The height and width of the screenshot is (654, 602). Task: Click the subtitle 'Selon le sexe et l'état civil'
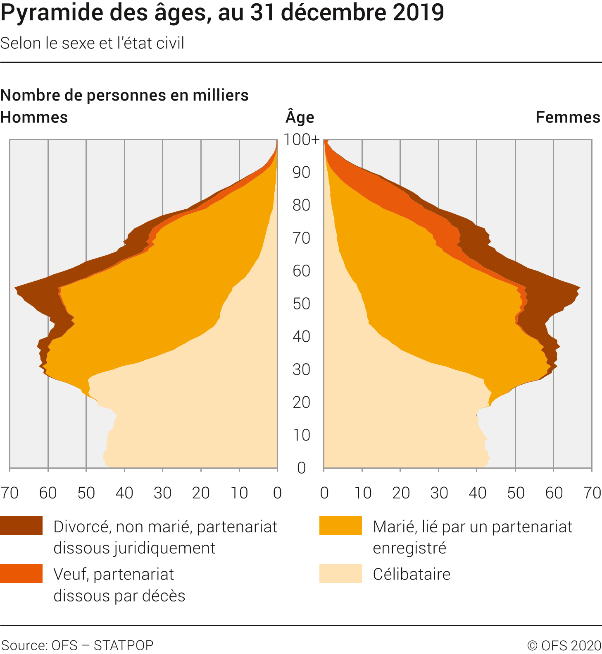click(92, 43)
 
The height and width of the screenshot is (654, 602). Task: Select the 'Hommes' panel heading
click(34, 117)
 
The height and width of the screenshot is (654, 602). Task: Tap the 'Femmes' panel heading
click(568, 117)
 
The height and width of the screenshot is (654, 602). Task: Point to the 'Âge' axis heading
click(300, 117)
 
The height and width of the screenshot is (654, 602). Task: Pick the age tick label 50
click(302, 304)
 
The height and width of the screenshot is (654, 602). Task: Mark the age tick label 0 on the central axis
click(302, 468)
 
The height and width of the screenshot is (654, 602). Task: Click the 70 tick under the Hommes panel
click(10, 493)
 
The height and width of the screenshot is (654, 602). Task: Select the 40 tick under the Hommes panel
click(124, 493)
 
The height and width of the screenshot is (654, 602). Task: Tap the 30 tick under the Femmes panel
click(439, 493)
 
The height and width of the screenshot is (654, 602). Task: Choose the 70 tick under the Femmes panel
click(592, 493)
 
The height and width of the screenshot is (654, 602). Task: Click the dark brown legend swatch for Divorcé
click(21, 526)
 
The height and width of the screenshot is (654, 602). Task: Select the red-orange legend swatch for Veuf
click(21, 573)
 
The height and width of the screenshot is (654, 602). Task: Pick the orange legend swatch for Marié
click(340, 526)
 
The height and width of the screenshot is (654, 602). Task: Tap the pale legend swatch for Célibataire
click(340, 573)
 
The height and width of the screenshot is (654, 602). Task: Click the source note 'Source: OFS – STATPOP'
click(78, 645)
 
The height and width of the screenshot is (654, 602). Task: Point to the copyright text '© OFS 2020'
click(564, 645)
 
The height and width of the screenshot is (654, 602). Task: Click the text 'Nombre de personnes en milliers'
click(124, 96)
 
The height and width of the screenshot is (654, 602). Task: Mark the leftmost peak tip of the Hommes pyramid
click(15, 287)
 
